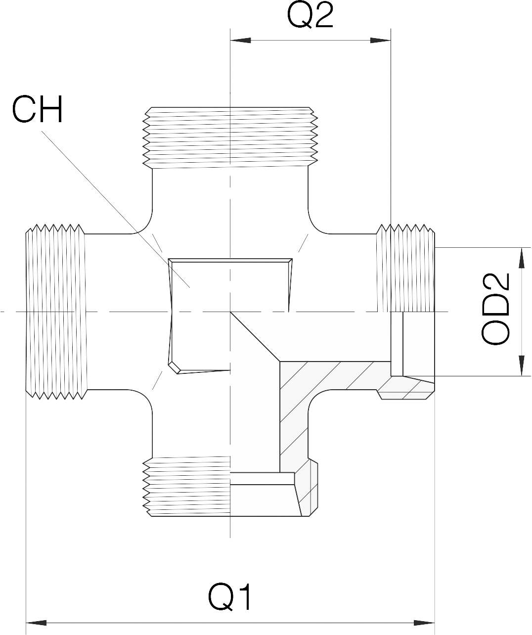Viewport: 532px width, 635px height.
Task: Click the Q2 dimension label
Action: tap(310, 16)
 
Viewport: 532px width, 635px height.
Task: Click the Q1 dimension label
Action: tap(230, 597)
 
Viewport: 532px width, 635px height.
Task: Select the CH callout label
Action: tap(38, 109)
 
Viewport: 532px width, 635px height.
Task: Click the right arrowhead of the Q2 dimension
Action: tap(381, 41)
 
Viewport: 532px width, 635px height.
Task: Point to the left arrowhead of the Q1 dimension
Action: tap(36, 621)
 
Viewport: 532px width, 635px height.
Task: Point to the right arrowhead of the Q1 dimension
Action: tap(424, 621)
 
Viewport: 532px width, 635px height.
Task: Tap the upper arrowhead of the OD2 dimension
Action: tap(521, 257)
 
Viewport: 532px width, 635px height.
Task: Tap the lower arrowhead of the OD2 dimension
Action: tap(521, 366)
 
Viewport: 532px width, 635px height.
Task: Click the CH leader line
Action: tap(114, 208)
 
